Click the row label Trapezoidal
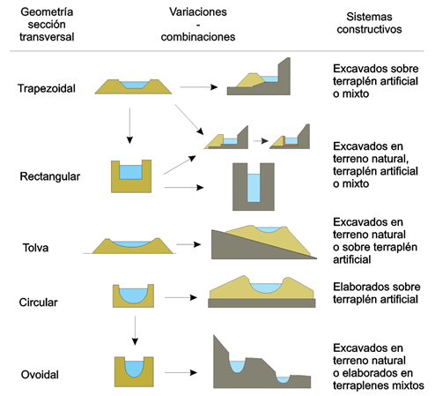pos(47,87)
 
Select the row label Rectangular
pos(50,176)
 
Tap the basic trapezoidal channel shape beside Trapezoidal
pos(135,86)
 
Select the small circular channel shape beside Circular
pos(133,296)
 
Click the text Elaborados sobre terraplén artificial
pos(377,293)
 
